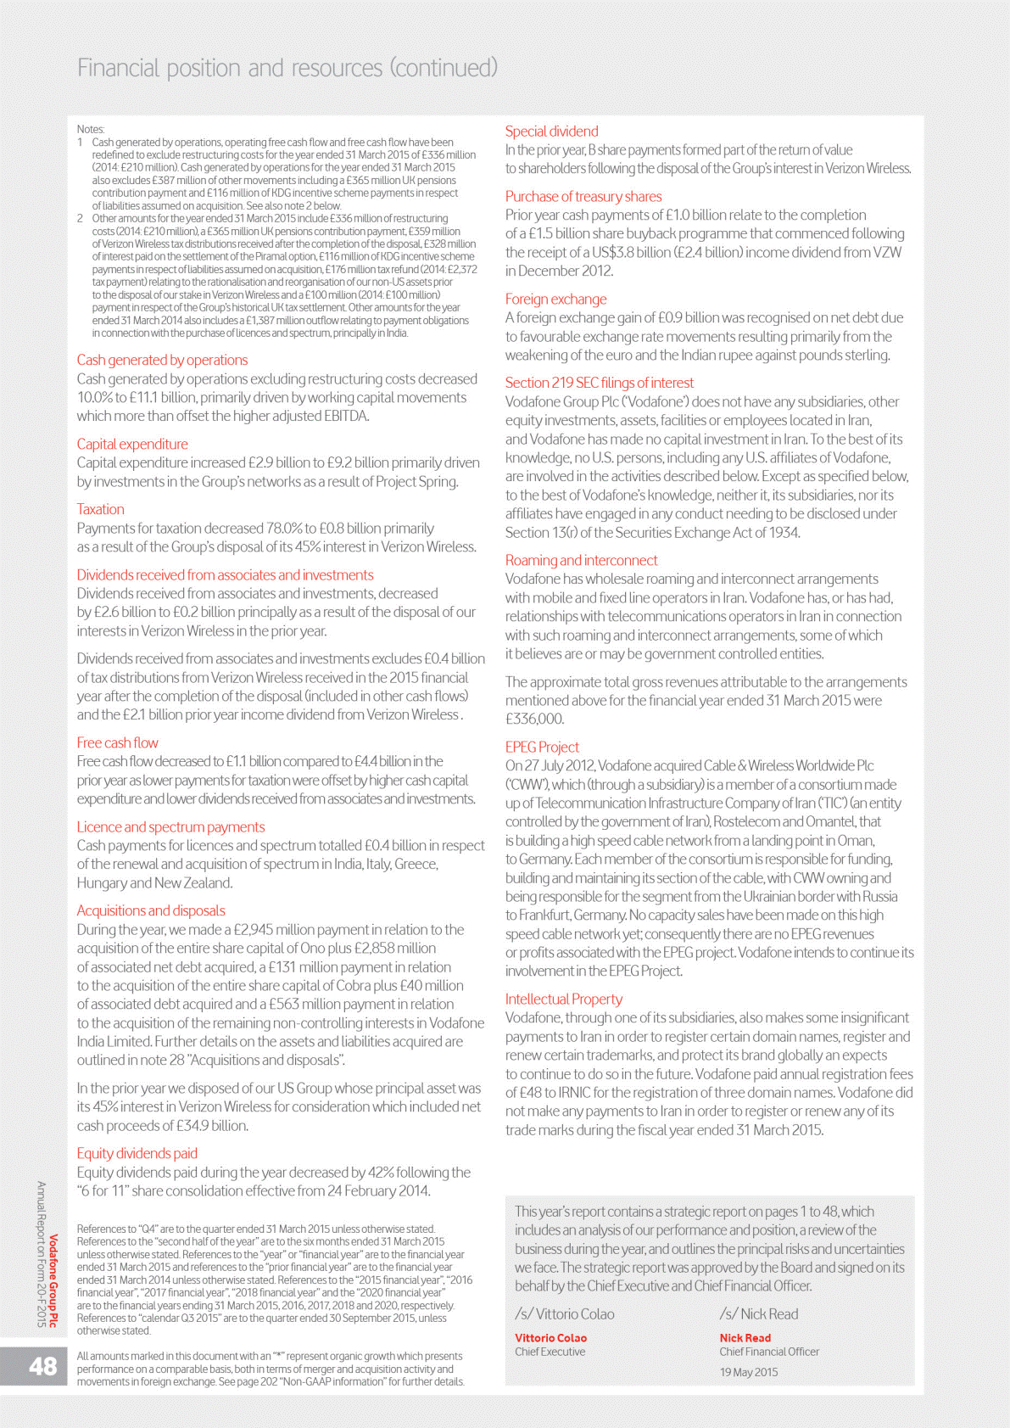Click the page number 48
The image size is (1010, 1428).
pyautogui.click(x=42, y=1365)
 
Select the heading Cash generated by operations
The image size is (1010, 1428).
pyautogui.click(x=162, y=360)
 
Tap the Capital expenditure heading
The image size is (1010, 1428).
pyautogui.click(x=132, y=444)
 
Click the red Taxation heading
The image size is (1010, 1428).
pyautogui.click(x=100, y=509)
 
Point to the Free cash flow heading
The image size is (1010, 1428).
pyautogui.click(x=117, y=742)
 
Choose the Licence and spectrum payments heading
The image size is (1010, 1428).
pyautogui.click(x=170, y=826)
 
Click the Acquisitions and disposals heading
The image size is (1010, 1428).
pyautogui.click(x=151, y=910)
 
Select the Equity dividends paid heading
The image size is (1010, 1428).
pyautogui.click(x=137, y=1153)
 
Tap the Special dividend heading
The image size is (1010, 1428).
pyautogui.click(x=551, y=132)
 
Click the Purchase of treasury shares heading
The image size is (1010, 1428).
pyautogui.click(x=583, y=196)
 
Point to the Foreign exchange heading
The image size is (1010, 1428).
pyautogui.click(x=555, y=299)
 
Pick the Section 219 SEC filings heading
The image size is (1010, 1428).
pyautogui.click(x=599, y=383)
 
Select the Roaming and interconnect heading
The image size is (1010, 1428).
pyautogui.click(x=581, y=560)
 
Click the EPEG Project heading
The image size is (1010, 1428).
pyautogui.click(x=542, y=747)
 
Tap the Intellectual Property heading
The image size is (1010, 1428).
pyautogui.click(x=563, y=999)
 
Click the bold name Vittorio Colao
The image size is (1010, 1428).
pyautogui.click(x=550, y=1338)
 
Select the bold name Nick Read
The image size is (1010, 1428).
pyautogui.click(x=745, y=1338)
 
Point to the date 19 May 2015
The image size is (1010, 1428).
pyautogui.click(x=748, y=1372)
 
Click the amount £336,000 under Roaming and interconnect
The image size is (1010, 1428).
pyautogui.click(x=534, y=719)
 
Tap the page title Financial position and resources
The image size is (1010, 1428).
pyautogui.click(x=287, y=68)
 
